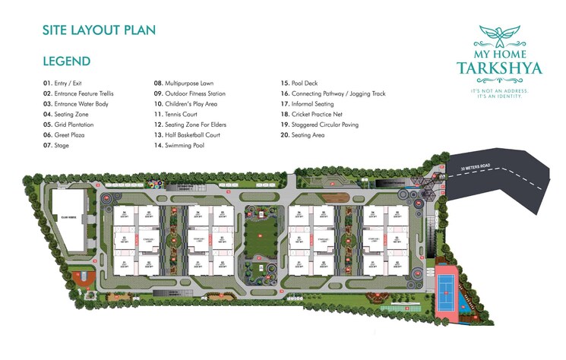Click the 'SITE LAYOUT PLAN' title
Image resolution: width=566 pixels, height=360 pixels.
coord(99,30)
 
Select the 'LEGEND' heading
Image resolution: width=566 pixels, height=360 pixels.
coord(67,61)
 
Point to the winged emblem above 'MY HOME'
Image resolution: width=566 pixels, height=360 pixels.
coord(499,33)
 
